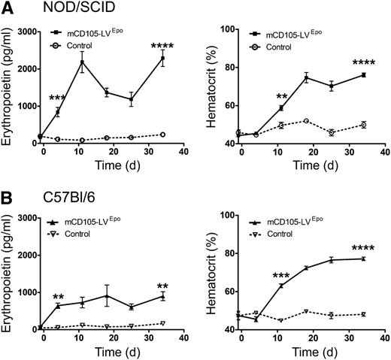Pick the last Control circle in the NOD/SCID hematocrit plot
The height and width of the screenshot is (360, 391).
pyautogui.click(x=363, y=125)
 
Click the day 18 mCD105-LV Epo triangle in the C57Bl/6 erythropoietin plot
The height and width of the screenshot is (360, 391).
pyautogui.click(x=108, y=295)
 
